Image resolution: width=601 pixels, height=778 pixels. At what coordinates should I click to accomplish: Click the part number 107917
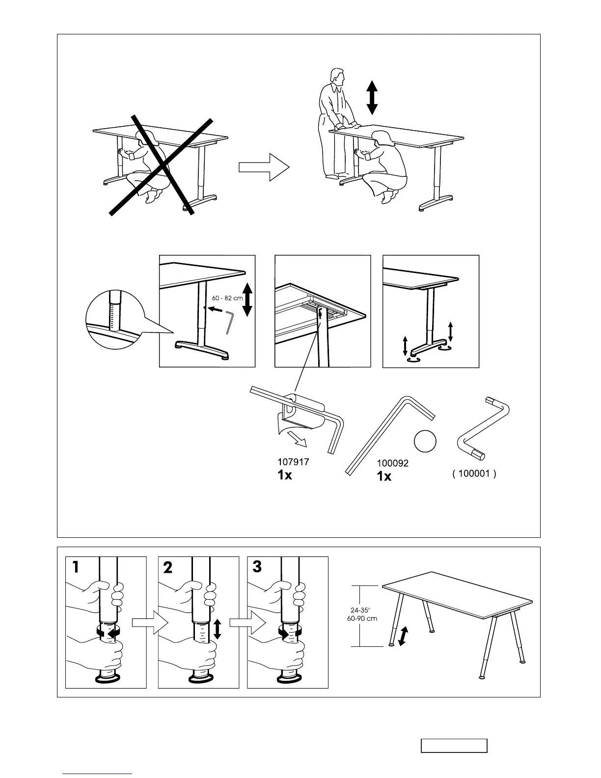click(293, 462)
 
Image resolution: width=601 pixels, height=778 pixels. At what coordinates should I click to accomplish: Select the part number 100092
click(392, 463)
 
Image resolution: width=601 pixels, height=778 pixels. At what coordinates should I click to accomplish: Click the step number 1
click(76, 567)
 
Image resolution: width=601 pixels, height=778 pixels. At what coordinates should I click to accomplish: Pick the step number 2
click(167, 568)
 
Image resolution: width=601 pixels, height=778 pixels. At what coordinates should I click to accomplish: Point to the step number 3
click(257, 567)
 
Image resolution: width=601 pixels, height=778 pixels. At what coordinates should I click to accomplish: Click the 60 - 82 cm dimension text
click(227, 298)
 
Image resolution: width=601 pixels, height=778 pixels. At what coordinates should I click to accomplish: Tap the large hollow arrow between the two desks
click(264, 167)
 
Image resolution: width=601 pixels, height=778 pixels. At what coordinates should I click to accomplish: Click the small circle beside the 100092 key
click(425, 441)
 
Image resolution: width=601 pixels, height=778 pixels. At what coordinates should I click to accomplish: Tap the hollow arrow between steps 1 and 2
click(151, 623)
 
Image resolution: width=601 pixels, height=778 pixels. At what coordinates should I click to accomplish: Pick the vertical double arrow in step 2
click(217, 629)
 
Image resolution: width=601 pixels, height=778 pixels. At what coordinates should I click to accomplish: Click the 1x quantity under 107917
click(285, 475)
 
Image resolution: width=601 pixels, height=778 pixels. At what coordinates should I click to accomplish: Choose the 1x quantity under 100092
click(384, 476)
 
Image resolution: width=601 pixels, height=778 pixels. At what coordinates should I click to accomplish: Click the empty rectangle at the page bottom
click(454, 746)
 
